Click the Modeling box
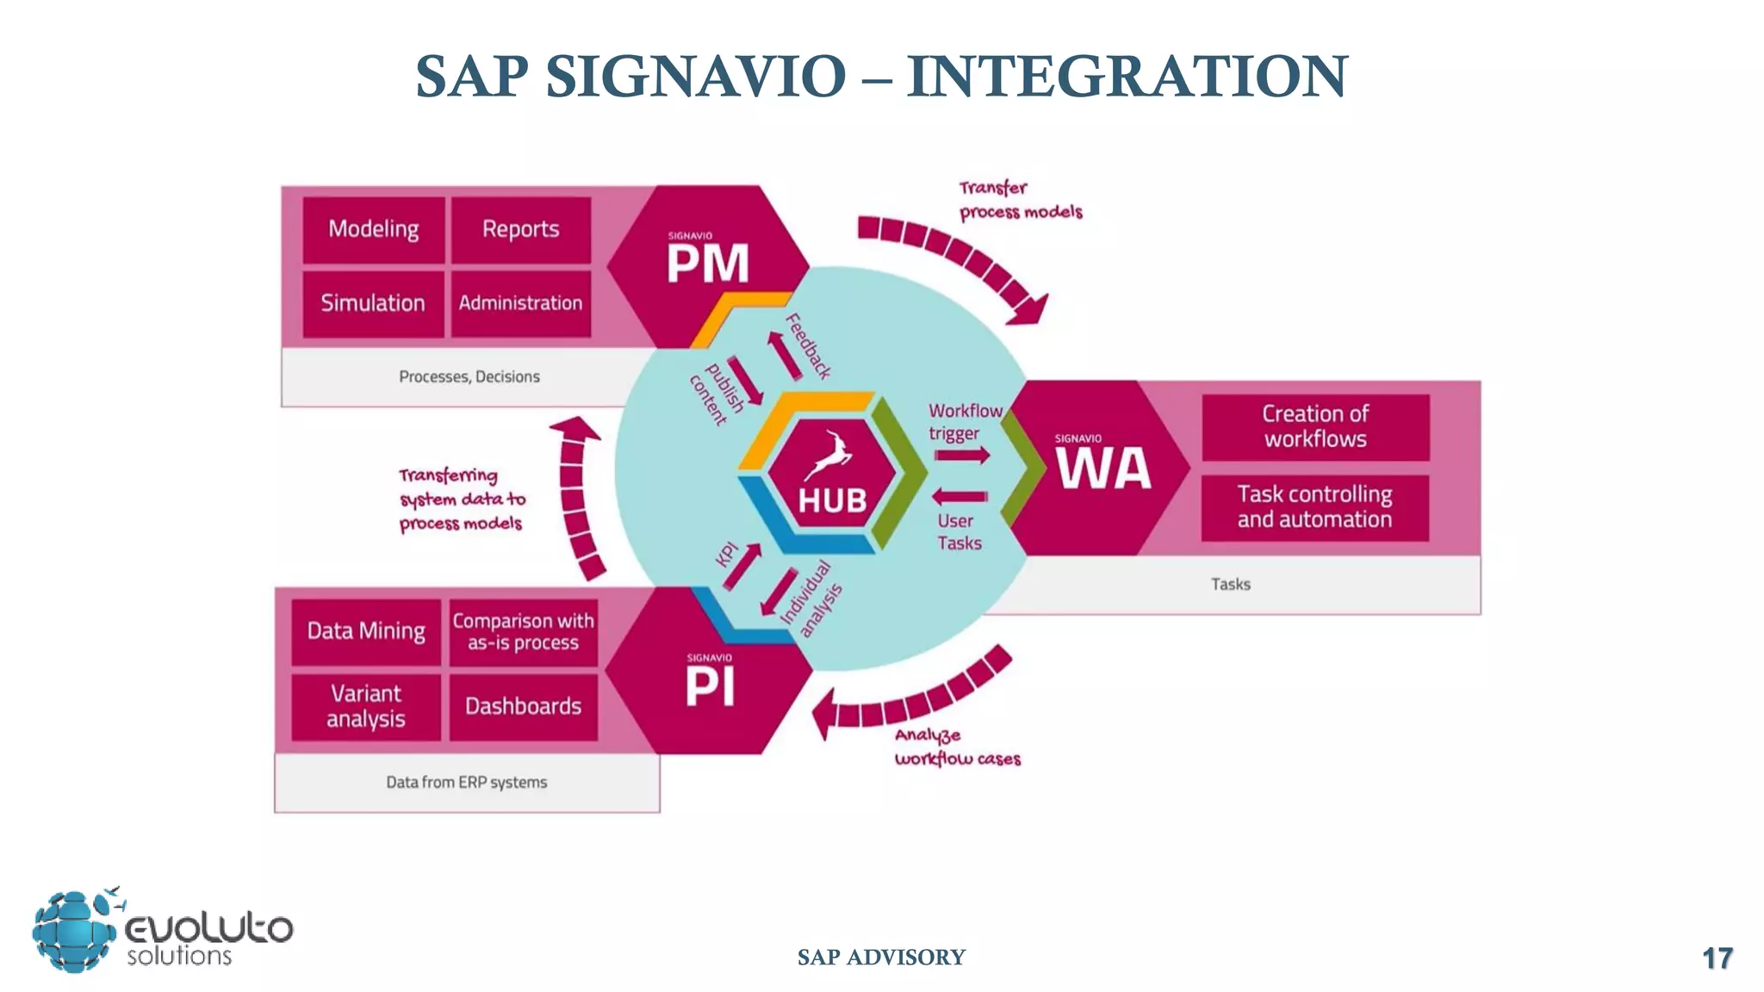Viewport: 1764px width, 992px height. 374,230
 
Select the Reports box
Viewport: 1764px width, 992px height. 520,230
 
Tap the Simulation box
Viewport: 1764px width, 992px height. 373,303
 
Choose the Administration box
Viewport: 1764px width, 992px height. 520,303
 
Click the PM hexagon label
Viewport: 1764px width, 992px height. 708,263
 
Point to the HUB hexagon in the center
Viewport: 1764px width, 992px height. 831,482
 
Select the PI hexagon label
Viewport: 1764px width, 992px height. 710,686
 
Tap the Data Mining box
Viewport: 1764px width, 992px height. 366,631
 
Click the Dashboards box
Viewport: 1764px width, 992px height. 523,707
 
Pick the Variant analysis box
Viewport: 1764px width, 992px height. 366,706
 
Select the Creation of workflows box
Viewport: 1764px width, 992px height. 1315,427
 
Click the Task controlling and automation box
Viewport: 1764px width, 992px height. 1314,507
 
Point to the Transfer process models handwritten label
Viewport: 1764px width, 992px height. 1020,200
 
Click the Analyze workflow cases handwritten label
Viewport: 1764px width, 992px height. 956,747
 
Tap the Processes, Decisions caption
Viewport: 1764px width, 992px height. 469,377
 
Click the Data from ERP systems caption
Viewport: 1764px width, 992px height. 466,783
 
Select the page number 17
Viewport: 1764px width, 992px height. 1717,958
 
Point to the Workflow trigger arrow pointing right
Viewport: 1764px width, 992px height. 962,455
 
